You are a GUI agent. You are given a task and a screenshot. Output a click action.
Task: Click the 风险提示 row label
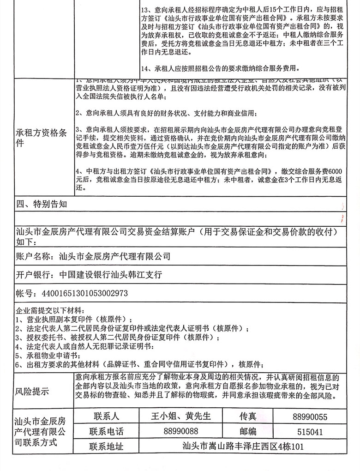click(x=32, y=392)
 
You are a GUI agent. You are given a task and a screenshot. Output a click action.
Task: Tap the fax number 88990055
click(x=310, y=417)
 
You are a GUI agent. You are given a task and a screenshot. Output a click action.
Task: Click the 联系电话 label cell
click(x=106, y=432)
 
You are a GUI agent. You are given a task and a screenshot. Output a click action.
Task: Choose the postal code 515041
click(x=310, y=432)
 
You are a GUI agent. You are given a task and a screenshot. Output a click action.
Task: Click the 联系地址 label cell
click(x=106, y=447)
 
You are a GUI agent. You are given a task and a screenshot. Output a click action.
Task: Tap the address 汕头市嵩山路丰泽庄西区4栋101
click(x=243, y=447)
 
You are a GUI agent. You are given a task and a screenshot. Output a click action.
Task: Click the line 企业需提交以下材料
click(x=50, y=310)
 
